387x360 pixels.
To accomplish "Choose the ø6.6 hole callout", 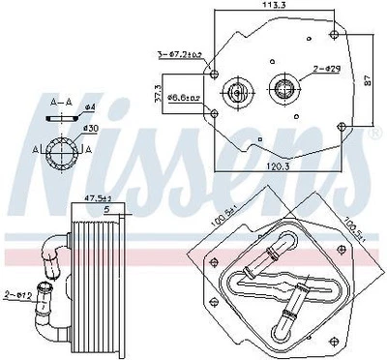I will pos(181,97).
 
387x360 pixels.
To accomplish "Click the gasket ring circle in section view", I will pos(64,152).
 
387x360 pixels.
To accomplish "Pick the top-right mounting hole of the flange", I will pos(334,33).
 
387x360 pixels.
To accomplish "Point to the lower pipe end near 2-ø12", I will pos(43,309).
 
